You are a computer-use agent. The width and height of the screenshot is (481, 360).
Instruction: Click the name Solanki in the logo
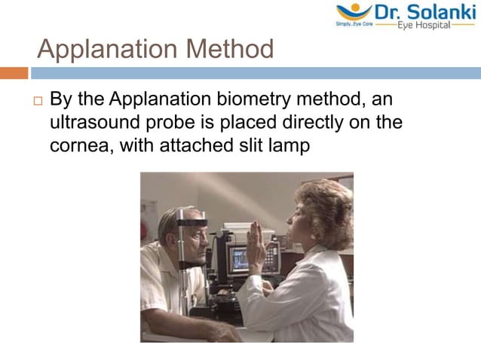(x=439, y=12)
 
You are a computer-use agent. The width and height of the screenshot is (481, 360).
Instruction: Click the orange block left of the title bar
(x=14, y=73)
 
